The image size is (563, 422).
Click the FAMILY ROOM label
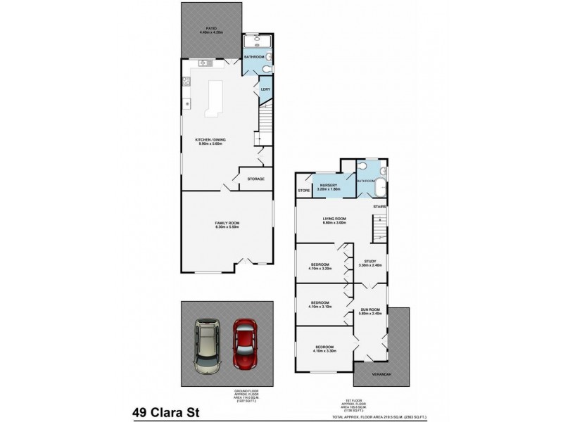click(227, 223)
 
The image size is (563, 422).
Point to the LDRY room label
click(265, 89)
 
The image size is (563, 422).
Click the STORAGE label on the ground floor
click(256, 179)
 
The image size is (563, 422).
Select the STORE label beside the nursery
click(304, 191)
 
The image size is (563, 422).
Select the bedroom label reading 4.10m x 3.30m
click(324, 349)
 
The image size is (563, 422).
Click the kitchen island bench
click(213, 98)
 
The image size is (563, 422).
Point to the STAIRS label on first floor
click(380, 207)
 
